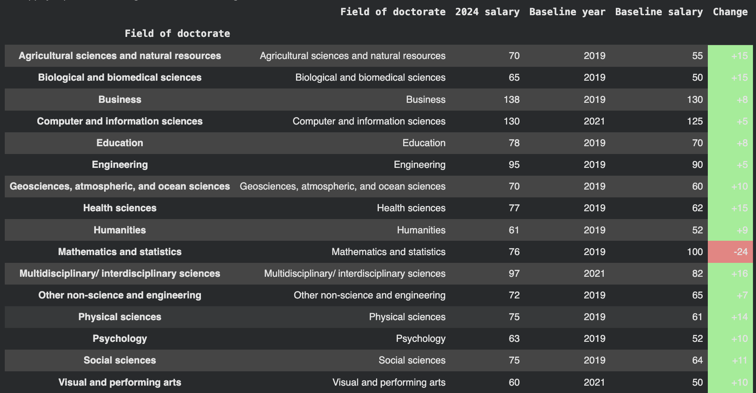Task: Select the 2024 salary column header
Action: [x=487, y=12]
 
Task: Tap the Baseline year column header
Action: [x=567, y=12]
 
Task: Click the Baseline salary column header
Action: [x=658, y=12]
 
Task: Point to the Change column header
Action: [x=730, y=12]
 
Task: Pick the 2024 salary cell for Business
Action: [x=511, y=99]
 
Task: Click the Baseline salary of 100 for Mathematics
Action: [x=694, y=252]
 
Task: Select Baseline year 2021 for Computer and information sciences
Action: [x=594, y=121]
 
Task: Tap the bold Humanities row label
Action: [x=120, y=230]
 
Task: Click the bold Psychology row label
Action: [x=120, y=338]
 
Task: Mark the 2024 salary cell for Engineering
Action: [x=514, y=164]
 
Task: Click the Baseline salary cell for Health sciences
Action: [x=697, y=208]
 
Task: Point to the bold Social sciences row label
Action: [x=120, y=360]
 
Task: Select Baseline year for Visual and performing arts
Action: [x=594, y=382]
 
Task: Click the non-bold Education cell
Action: [x=424, y=143]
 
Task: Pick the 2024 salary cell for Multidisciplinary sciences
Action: [x=514, y=273]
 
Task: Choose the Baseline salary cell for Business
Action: [x=694, y=99]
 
